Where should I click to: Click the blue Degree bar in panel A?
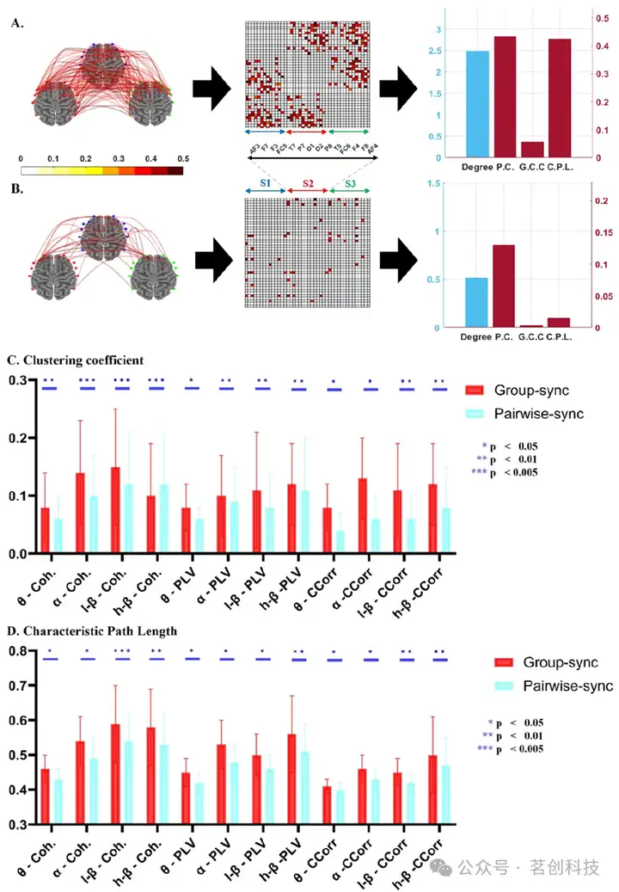pos(476,104)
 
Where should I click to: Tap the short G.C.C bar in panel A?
pos(532,150)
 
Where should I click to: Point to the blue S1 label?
pos(266,184)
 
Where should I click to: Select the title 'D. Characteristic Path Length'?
pos(90,631)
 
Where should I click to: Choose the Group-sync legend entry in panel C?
pos(517,391)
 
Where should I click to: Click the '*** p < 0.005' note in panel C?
pos(506,472)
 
